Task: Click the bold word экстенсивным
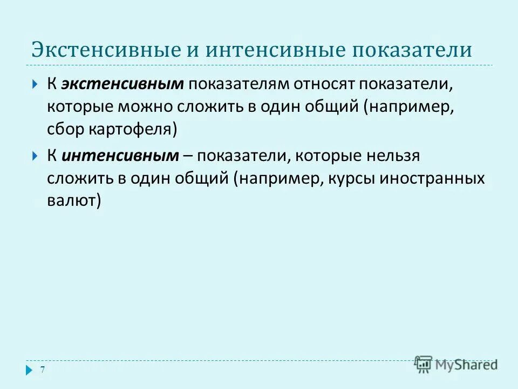123,84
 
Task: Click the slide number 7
43,370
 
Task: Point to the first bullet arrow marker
35,84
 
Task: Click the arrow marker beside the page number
29,370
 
